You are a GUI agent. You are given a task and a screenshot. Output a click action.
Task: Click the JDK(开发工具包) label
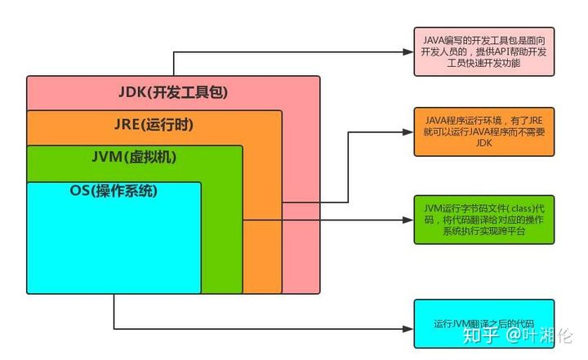pos(174,91)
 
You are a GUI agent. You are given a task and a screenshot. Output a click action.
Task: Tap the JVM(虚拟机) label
pos(135,158)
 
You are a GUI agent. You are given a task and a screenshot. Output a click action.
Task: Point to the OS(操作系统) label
pos(114,192)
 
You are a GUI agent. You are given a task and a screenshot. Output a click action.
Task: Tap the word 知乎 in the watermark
pos(477,334)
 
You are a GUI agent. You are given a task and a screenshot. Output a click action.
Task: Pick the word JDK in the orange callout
pos(479,144)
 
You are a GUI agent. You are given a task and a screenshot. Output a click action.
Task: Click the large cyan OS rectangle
pos(114,245)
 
